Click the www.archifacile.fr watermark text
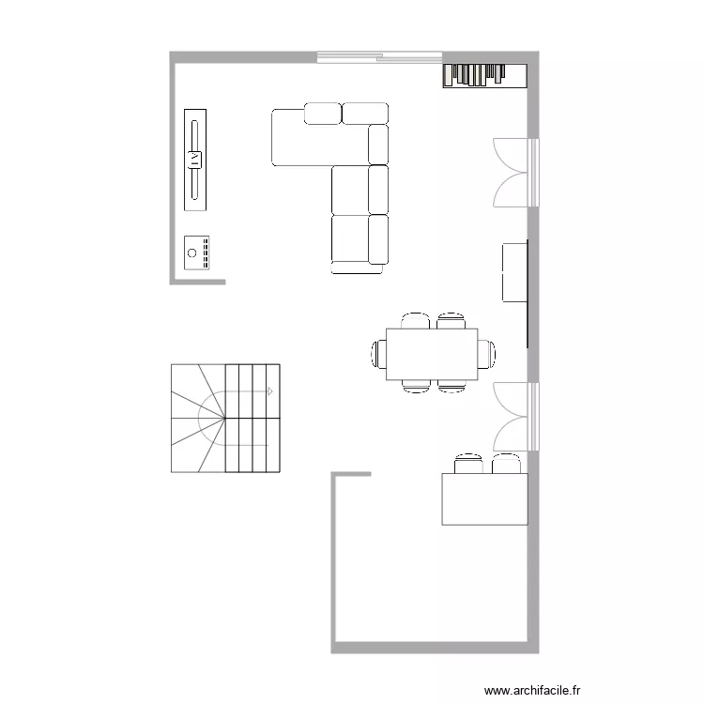tap(532, 690)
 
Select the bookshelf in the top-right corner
tap(485, 75)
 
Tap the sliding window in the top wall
tap(379, 57)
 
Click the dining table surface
tap(432, 354)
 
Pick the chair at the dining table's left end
tap(379, 354)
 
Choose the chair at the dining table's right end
tap(486, 354)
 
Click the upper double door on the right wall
tap(516, 173)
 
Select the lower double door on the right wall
tap(516, 417)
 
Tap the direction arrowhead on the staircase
tap(270, 391)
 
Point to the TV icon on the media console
tap(194, 160)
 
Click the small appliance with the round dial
tap(197, 253)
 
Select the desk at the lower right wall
tap(484, 498)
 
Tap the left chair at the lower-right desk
tap(468, 464)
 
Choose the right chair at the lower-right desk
tap(507, 464)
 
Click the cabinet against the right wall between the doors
tap(514, 272)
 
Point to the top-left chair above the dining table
tap(415, 321)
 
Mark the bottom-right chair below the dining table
tap(451, 386)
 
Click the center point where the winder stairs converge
tap(224, 418)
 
